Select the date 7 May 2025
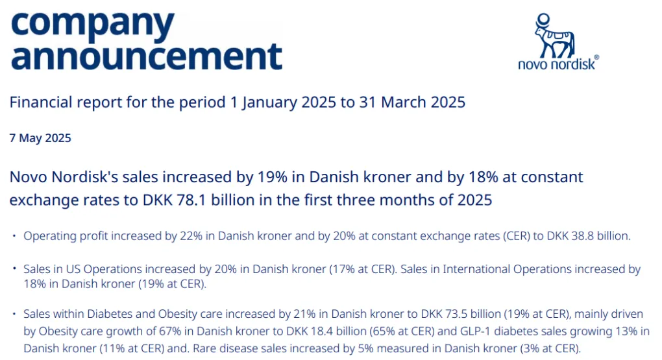pos(40,138)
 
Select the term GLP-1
pos(452,332)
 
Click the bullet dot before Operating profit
pos(14,236)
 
